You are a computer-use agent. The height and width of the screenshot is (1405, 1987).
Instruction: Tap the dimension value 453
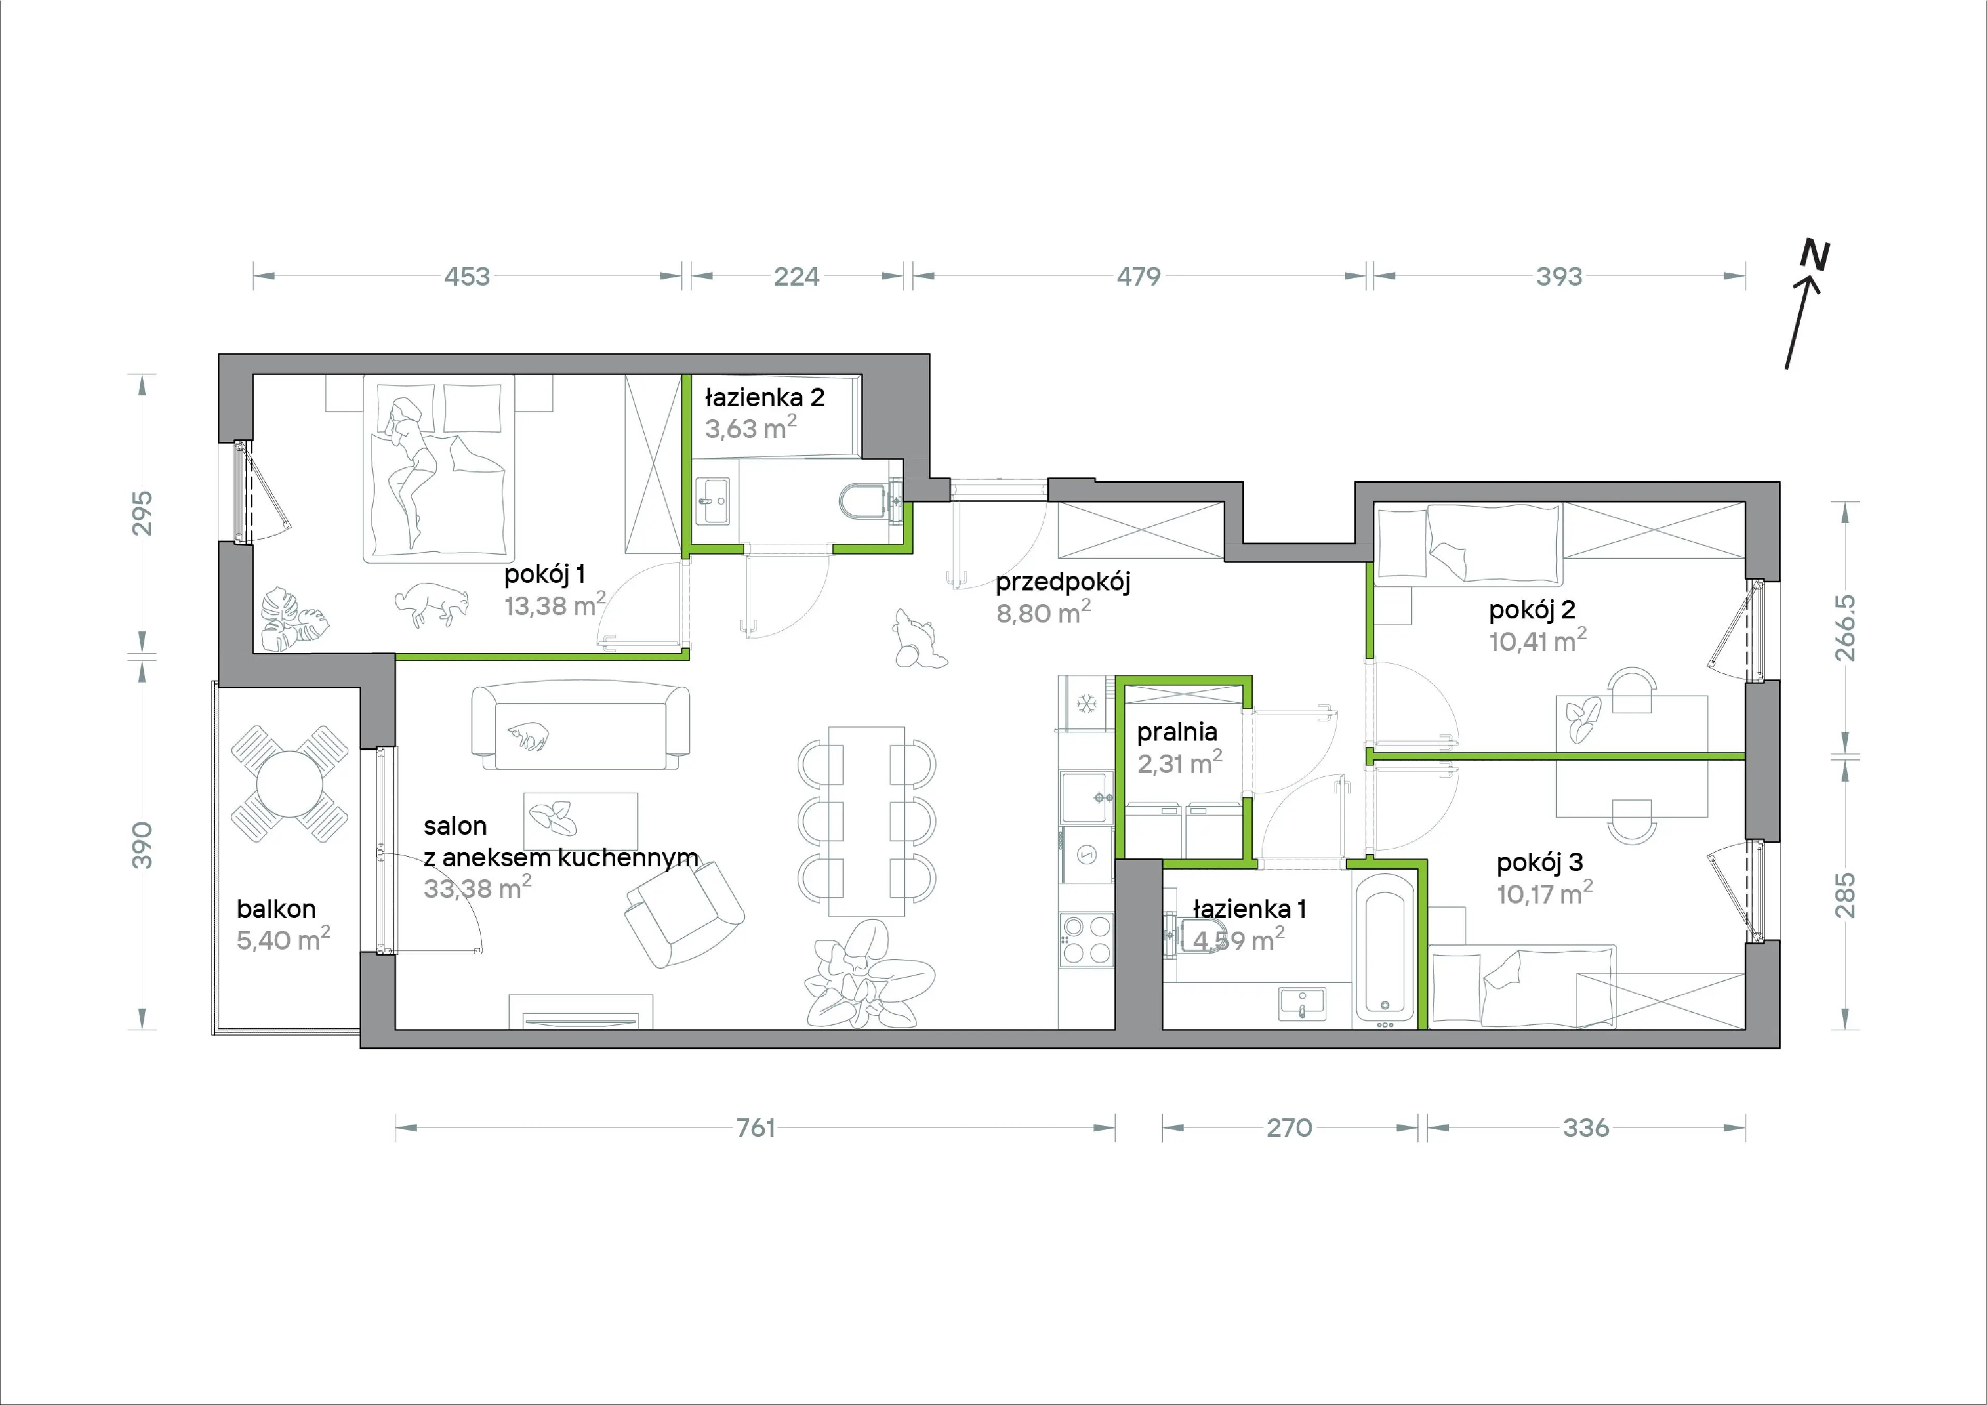point(467,276)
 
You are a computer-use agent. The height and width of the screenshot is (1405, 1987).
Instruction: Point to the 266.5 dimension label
point(1845,628)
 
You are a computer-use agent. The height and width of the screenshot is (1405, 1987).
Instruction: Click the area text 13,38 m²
point(555,604)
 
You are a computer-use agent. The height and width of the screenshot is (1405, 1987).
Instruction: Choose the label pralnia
point(1177,732)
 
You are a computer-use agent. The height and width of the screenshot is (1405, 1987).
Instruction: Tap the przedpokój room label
point(1063,582)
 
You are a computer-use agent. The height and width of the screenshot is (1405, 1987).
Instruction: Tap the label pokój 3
point(1539,862)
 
